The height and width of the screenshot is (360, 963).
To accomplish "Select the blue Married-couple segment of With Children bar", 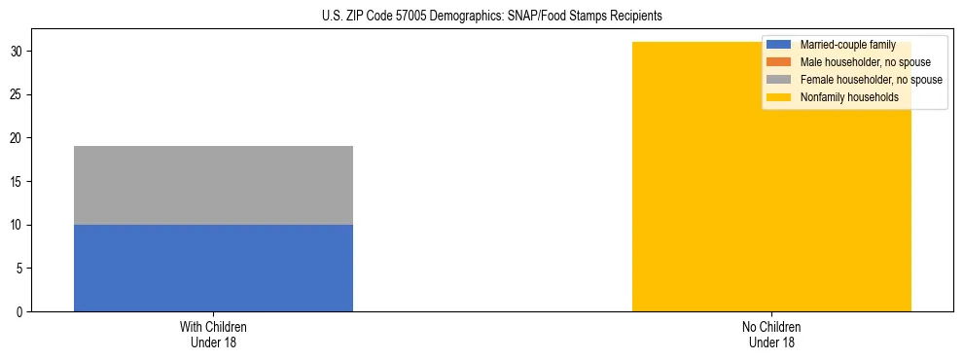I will (213, 268).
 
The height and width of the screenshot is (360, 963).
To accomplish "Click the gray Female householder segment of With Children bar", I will (213, 185).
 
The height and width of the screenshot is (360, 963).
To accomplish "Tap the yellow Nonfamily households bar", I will (771, 195).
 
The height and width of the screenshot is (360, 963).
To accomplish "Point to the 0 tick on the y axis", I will (20, 312).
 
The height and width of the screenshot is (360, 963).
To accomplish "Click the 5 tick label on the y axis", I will (20, 269).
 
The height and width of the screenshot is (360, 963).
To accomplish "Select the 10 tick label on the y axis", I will (18, 225).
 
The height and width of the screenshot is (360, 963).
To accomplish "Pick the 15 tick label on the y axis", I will (18, 182).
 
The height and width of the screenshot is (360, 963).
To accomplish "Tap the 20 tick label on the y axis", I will (18, 138).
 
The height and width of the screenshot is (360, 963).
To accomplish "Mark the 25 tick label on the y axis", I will (18, 94).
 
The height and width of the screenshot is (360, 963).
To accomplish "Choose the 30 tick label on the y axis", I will (18, 52).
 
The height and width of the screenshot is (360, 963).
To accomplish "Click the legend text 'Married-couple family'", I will (847, 45).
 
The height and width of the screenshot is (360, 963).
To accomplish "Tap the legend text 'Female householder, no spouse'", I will (871, 80).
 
